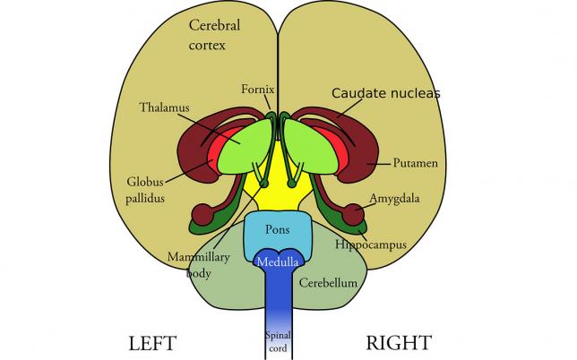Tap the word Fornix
pyautogui.click(x=256, y=89)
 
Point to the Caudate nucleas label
pyautogui.click(x=386, y=92)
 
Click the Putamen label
pyautogui.click(x=415, y=164)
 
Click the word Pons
pyautogui.click(x=278, y=229)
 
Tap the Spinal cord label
pyautogui.click(x=277, y=341)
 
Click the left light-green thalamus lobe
pyautogui.click(x=245, y=148)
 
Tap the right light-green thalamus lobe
pyautogui.click(x=309, y=146)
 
